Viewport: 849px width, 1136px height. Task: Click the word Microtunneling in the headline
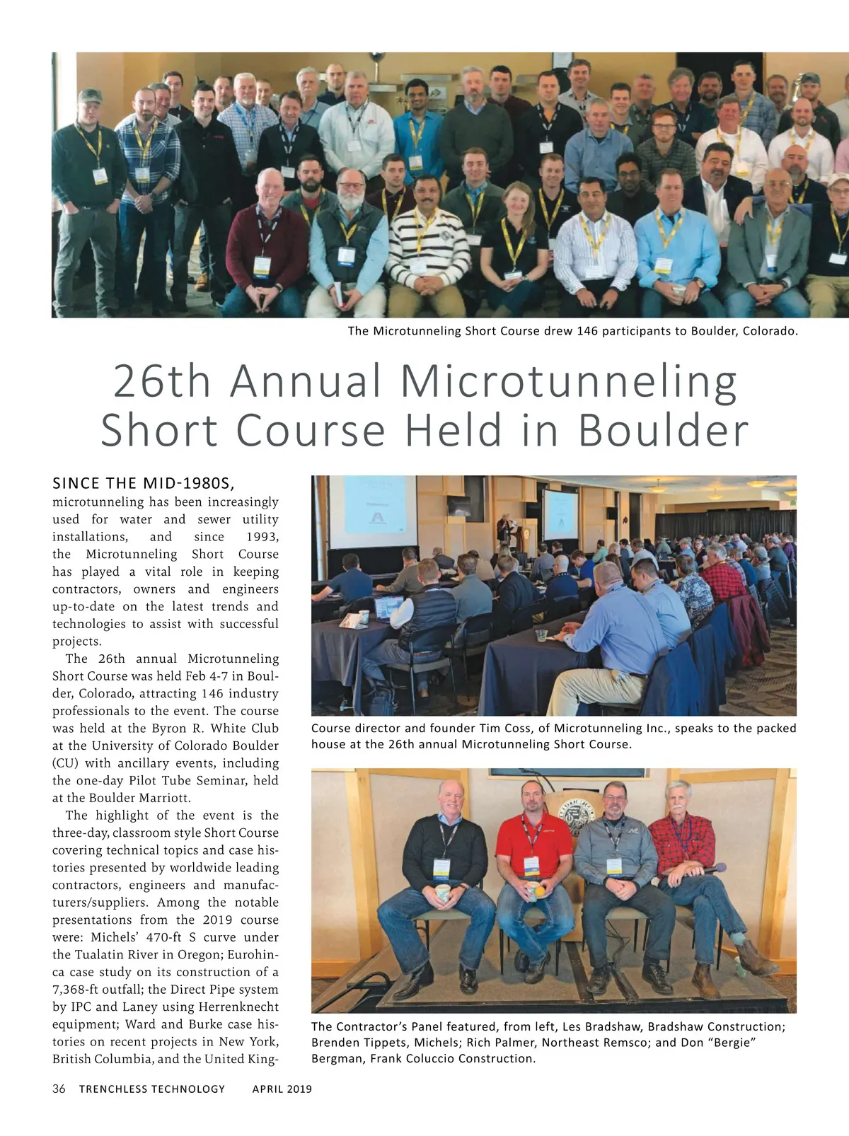[569, 382]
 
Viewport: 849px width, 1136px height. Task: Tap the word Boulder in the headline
[664, 430]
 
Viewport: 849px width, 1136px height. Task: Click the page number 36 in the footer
[59, 1089]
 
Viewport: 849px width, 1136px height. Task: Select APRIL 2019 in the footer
[282, 1089]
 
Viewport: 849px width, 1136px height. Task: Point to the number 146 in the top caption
[587, 331]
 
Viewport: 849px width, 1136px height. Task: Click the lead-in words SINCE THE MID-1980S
[143, 484]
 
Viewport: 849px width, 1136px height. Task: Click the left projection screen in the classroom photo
[373, 509]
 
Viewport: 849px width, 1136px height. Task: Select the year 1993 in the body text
[262, 537]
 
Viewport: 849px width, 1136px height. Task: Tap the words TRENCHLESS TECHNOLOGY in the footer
[152, 1089]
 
